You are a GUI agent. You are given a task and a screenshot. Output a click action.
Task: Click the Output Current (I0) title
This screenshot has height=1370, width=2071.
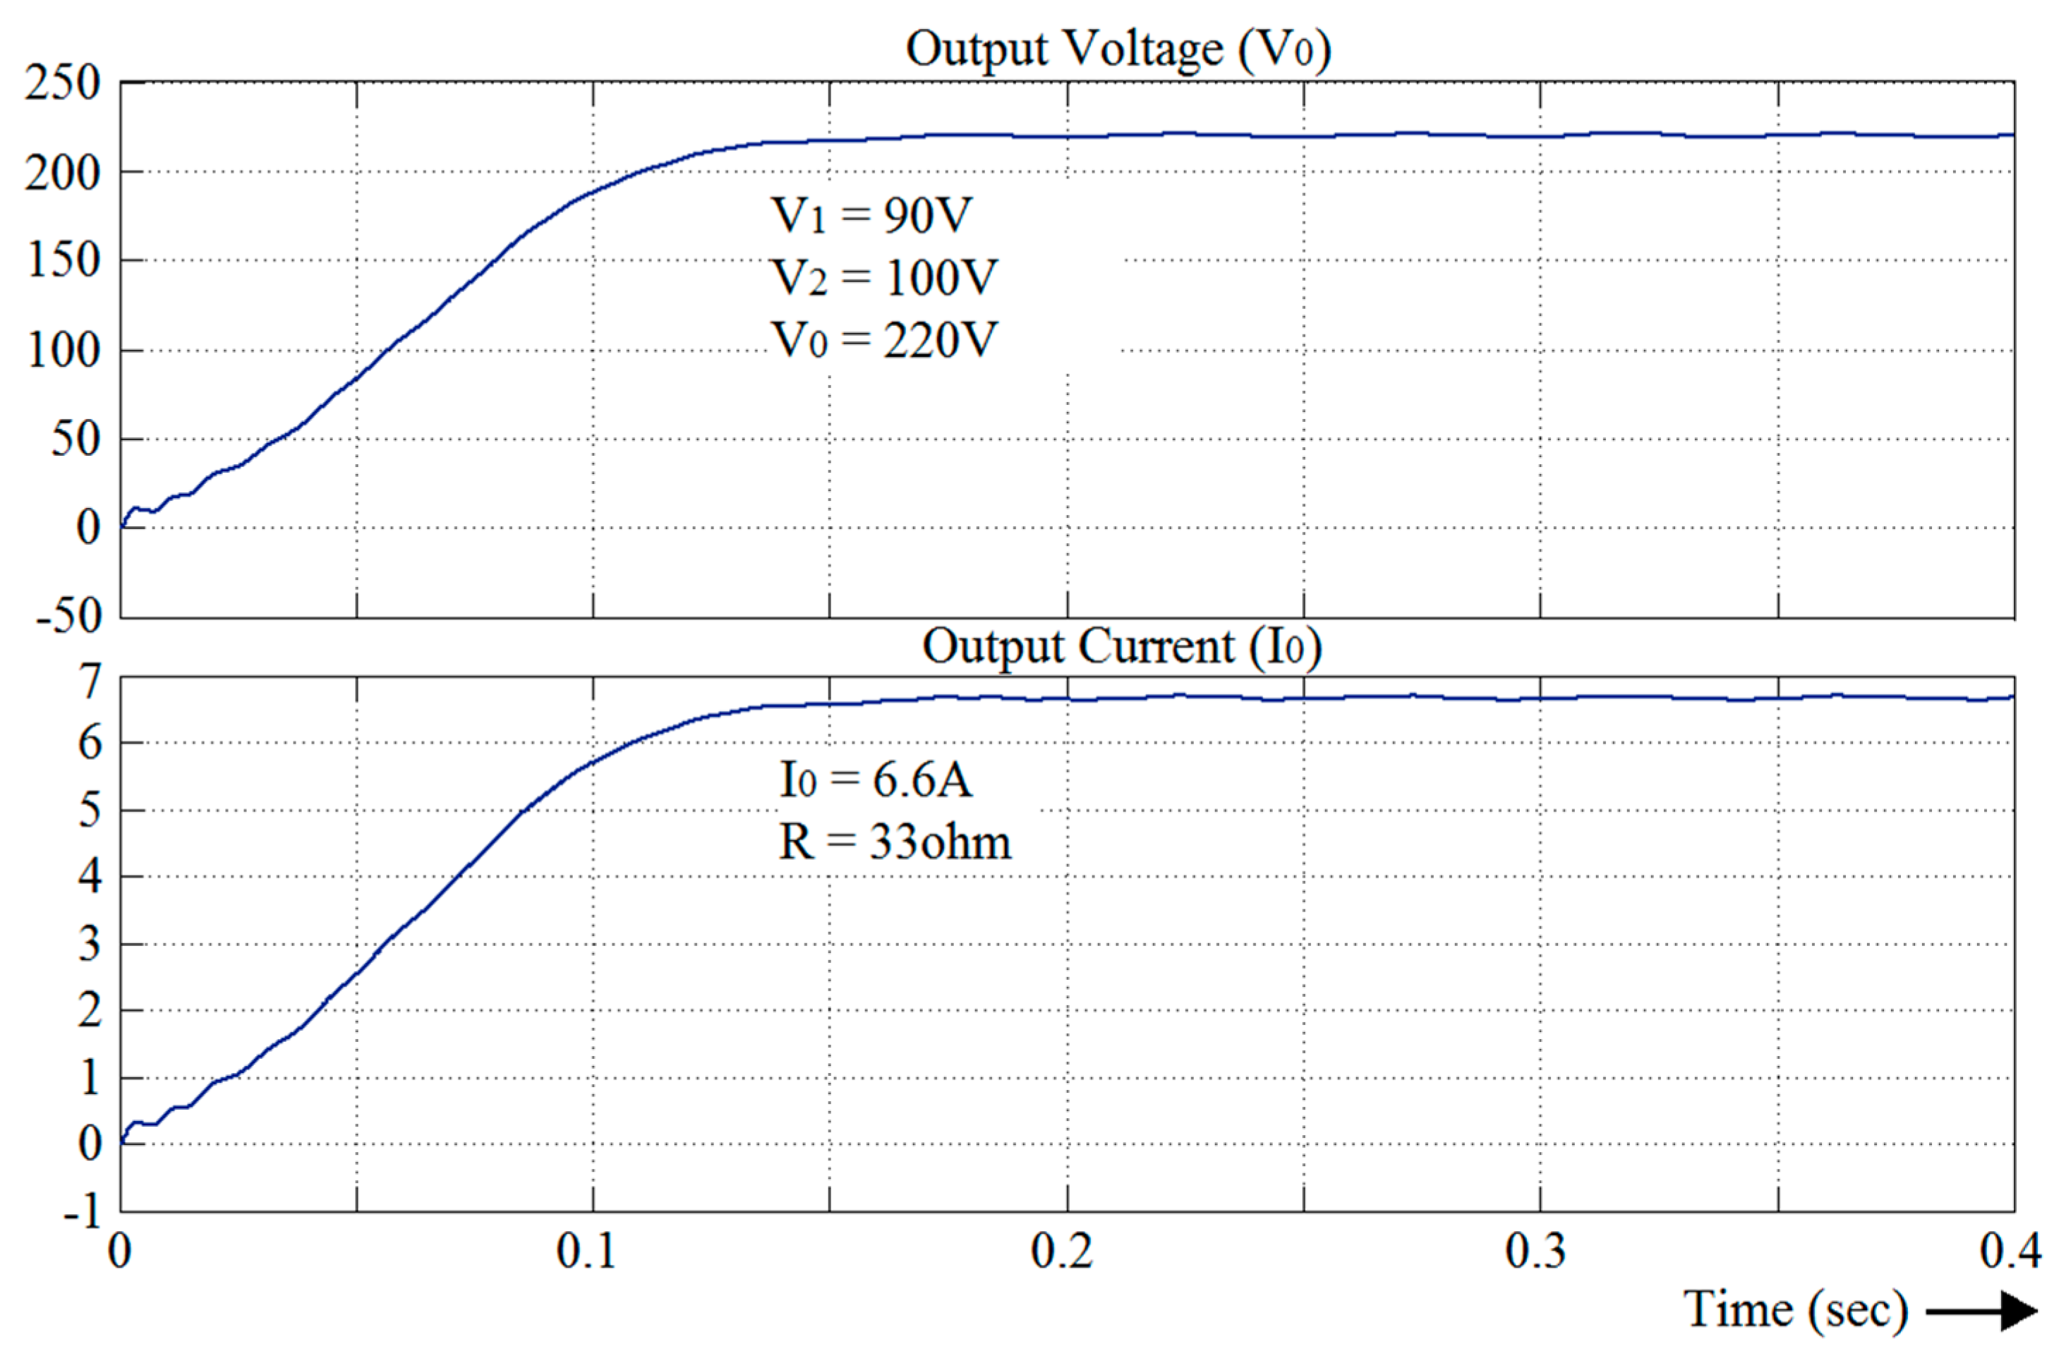[x=1121, y=648]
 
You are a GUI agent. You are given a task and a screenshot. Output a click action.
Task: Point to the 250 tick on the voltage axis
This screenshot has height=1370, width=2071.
[x=63, y=85]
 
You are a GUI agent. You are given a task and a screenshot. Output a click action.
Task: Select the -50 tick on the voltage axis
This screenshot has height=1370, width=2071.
[x=69, y=616]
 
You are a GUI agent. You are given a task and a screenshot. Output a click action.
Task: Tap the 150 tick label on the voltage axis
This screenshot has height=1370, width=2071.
[x=64, y=260]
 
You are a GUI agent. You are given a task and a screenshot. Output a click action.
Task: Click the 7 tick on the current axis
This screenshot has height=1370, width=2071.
[x=90, y=681]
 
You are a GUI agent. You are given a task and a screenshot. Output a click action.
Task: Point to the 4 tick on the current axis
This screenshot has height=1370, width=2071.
[x=90, y=876]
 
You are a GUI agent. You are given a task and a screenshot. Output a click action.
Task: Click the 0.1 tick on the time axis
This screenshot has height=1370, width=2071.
[x=586, y=1251]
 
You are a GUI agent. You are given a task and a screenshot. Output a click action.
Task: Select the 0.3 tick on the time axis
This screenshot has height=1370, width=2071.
[x=1535, y=1251]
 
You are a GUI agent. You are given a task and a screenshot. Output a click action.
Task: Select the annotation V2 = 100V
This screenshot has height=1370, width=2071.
[x=883, y=278]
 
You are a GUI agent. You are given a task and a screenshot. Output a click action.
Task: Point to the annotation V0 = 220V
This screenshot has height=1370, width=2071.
[x=883, y=340]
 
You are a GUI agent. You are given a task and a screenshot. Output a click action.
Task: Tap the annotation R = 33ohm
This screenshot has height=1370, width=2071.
[x=895, y=843]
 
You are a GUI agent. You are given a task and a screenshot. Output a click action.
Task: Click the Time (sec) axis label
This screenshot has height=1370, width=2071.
[x=1795, y=1311]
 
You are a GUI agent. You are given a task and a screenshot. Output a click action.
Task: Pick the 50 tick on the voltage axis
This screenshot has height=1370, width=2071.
[x=76, y=439]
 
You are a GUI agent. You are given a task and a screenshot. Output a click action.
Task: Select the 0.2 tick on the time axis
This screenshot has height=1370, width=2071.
[x=1061, y=1251]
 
